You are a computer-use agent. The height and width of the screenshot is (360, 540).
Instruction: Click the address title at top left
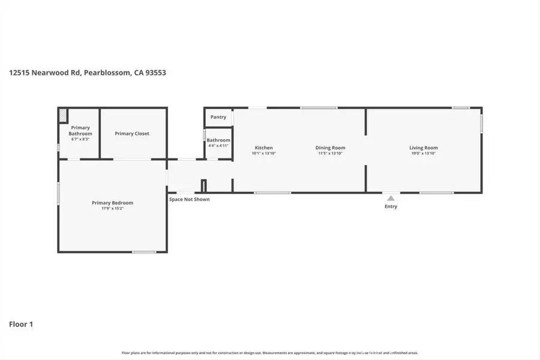pos(88,73)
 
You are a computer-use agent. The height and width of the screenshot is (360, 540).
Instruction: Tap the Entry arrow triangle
pos(391,198)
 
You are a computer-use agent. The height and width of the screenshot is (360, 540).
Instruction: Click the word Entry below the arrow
pos(391,206)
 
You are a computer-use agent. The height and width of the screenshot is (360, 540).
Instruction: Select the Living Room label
pos(424,148)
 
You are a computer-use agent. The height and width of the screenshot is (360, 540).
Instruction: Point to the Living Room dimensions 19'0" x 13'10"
pos(424,153)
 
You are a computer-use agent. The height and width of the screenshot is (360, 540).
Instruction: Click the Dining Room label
pos(331,148)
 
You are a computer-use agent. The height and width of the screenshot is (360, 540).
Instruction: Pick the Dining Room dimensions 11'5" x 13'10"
pos(331,153)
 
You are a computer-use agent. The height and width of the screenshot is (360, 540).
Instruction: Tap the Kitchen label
pos(263,148)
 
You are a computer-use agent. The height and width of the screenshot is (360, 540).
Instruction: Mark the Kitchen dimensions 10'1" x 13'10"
pos(263,153)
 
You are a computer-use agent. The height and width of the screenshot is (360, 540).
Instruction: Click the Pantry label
pos(218,117)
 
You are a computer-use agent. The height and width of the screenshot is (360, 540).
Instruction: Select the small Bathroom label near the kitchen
pos(218,140)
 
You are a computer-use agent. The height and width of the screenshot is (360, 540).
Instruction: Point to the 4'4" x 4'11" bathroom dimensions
pos(218,145)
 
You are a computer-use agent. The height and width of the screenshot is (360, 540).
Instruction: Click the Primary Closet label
pos(132,133)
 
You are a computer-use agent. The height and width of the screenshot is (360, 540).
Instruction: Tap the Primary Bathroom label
pos(80,130)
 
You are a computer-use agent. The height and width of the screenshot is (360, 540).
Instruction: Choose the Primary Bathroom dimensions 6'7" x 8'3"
pos(80,139)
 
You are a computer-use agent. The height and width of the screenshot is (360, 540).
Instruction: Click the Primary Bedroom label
pos(112,203)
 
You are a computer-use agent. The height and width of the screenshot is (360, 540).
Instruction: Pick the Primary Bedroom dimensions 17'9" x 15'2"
pos(112,208)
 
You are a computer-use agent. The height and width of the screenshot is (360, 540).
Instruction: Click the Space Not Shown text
pos(189,199)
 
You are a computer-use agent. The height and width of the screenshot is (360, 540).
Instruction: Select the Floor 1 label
pos(21,324)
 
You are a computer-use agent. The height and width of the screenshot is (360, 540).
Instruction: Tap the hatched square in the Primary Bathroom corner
pos(63,115)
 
